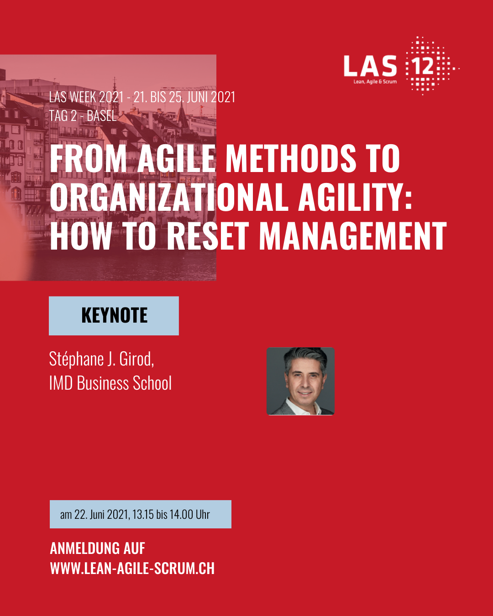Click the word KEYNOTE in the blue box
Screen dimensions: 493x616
(x=114, y=315)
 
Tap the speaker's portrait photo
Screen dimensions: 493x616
(x=300, y=381)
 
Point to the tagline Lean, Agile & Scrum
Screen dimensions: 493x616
(x=375, y=82)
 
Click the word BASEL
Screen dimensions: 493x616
(x=102, y=116)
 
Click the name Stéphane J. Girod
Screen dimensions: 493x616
(x=101, y=359)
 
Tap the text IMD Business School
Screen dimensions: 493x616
(x=110, y=383)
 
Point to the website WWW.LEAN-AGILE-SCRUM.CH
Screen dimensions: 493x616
(x=132, y=568)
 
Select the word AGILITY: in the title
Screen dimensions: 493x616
(x=355, y=197)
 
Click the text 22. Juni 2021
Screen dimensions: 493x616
(x=101, y=514)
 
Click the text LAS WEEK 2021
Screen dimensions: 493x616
(x=86, y=97)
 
